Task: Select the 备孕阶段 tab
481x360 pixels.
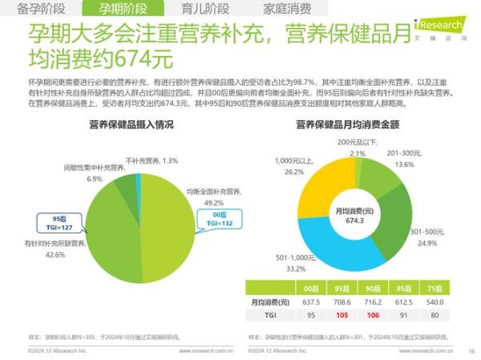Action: tap(42, 10)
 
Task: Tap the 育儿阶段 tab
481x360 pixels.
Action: tap(200, 10)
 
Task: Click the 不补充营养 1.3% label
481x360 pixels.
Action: tap(152, 160)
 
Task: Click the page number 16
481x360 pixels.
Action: tap(471, 350)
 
